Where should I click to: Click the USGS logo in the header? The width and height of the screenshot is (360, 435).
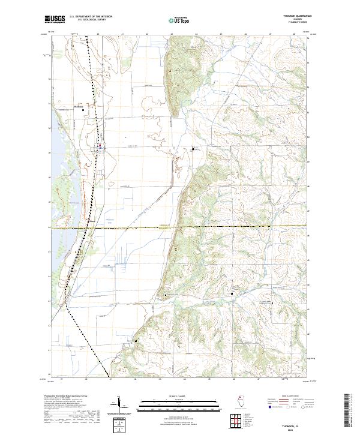point(55,20)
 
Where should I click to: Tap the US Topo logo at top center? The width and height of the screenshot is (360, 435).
point(179,20)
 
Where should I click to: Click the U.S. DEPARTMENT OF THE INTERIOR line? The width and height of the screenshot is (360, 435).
point(91,17)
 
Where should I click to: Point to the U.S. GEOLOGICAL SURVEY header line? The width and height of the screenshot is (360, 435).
point(88,20)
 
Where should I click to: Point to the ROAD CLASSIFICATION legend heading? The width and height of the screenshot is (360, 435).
point(283,397)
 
